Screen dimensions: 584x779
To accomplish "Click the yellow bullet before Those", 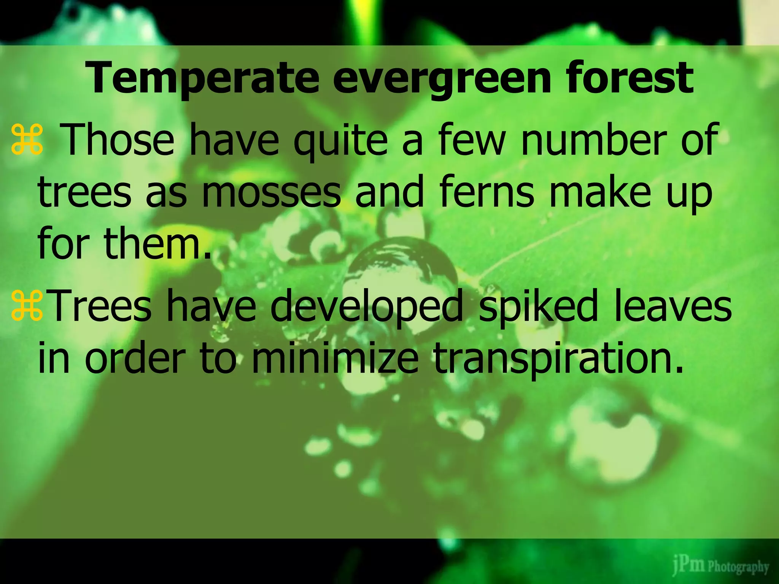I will pyautogui.click(x=27, y=140).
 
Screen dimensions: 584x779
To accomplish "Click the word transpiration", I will pyautogui.click(x=555, y=359).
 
